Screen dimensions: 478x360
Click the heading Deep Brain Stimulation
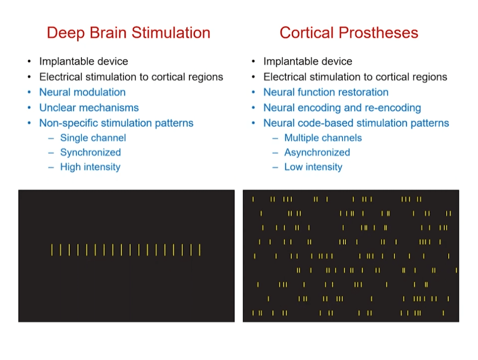tap(128, 33)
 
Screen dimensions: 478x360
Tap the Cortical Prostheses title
tap(349, 32)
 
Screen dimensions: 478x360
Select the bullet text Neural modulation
tap(82, 92)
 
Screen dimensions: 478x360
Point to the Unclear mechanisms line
tap(89, 108)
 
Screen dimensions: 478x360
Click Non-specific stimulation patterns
tap(116, 123)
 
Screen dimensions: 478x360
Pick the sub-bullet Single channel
tap(93, 138)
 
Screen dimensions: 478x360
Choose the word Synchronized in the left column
tap(91, 152)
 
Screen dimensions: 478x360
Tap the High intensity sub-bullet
tap(90, 167)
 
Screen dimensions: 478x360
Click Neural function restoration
tap(326, 92)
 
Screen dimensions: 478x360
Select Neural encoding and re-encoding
tap(342, 108)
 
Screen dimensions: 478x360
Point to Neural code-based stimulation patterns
tap(356, 123)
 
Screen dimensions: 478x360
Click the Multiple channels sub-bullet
tap(323, 138)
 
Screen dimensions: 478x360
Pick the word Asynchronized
tap(317, 152)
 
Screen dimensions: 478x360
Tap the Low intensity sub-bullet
tap(313, 167)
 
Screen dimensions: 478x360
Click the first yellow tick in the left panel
tap(52, 250)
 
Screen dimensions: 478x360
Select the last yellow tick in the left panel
tap(200, 250)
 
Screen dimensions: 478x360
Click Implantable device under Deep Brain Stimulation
tap(83, 62)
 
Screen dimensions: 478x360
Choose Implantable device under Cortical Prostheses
tap(308, 62)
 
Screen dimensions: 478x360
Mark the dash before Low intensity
tap(275, 168)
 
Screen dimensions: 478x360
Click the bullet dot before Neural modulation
tap(29, 92)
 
